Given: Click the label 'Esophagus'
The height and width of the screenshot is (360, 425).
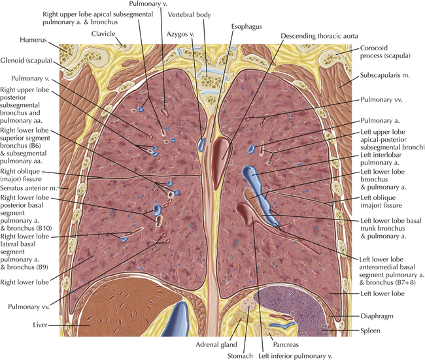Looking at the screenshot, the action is pyautogui.click(x=246, y=27).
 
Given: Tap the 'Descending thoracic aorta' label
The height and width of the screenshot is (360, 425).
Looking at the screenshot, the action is pyautogui.click(x=319, y=36).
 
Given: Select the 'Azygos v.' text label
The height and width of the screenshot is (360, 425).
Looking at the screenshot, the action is pyautogui.click(x=180, y=34).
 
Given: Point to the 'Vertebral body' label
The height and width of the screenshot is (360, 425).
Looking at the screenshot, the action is pyautogui.click(x=189, y=14).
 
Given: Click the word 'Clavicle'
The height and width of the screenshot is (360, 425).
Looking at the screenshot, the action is pyautogui.click(x=103, y=33).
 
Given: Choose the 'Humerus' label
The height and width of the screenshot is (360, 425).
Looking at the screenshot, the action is pyautogui.click(x=33, y=40).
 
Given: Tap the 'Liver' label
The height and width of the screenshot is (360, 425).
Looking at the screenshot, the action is pyautogui.click(x=40, y=325).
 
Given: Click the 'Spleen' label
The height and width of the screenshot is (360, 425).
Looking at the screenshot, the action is pyautogui.click(x=370, y=331).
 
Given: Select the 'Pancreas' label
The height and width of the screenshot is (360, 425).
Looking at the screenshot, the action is pyautogui.click(x=286, y=344).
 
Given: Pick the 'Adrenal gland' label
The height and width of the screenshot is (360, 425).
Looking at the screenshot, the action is pyautogui.click(x=216, y=344).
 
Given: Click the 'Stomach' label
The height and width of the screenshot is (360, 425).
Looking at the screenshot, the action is pyautogui.click(x=240, y=356).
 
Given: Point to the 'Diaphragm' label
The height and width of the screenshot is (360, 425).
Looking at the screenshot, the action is pyautogui.click(x=377, y=316).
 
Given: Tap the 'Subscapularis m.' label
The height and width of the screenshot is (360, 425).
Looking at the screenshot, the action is pyautogui.click(x=384, y=75).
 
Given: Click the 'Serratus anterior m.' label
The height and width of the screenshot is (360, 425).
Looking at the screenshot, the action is pyautogui.click(x=29, y=188).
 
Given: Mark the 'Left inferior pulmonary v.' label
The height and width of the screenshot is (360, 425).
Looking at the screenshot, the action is pyautogui.click(x=295, y=356).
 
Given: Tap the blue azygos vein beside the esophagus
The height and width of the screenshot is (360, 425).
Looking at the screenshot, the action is pyautogui.click(x=201, y=144).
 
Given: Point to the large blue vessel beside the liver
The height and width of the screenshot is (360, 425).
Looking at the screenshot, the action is pyautogui.click(x=177, y=319).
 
